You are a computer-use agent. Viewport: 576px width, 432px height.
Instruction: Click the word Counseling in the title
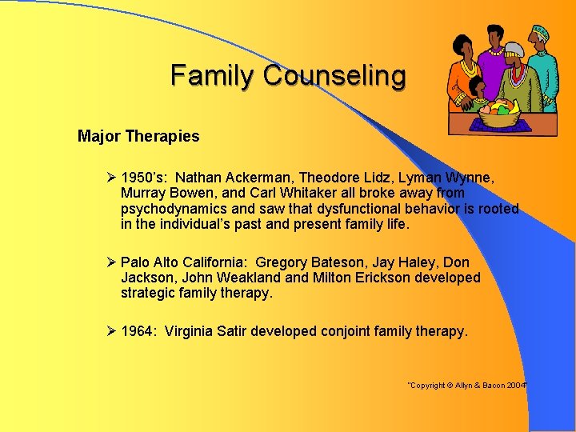[334, 76]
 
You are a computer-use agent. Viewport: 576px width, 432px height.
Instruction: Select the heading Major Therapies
[138, 136]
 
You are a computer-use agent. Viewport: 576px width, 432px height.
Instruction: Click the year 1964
[138, 331]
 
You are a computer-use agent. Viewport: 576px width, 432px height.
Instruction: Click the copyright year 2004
[516, 386]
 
